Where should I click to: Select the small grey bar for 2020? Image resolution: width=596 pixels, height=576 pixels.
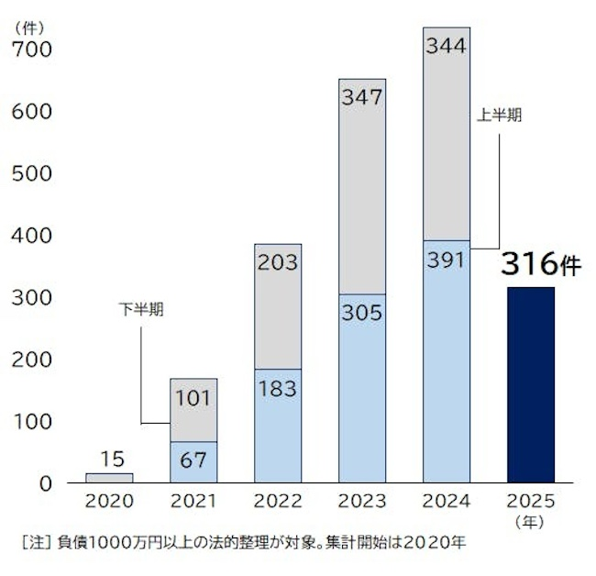[109, 478]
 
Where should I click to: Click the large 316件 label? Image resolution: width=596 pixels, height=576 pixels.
[541, 264]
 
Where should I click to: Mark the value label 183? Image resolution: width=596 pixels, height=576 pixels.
[278, 388]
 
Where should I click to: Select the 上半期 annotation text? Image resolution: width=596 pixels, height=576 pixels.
[499, 116]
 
